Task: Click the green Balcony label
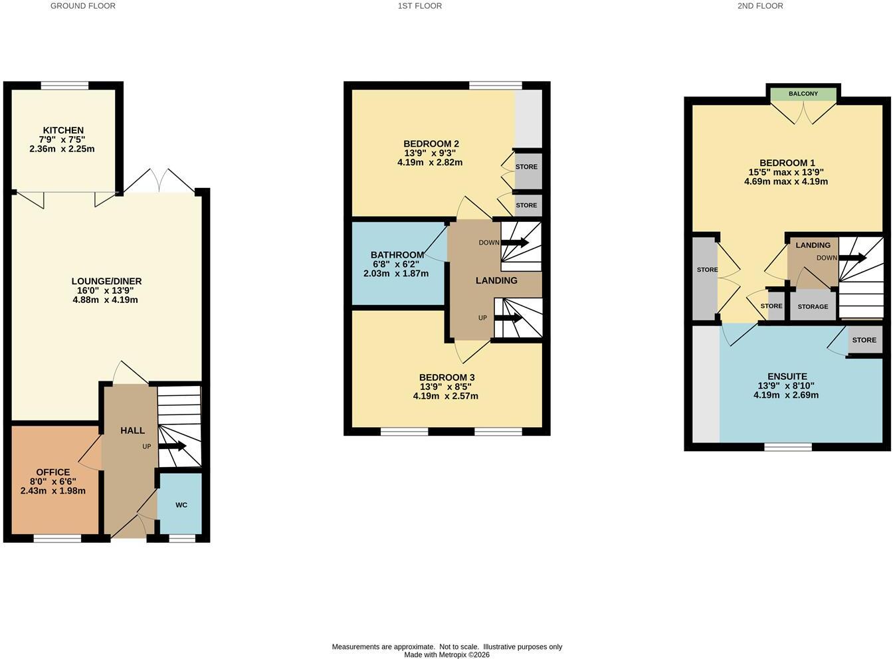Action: pos(803,94)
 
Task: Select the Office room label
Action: pos(52,472)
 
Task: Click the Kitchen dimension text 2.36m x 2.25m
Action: pos(62,149)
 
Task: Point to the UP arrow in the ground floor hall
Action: pos(172,446)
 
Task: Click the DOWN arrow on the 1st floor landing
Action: pos(514,242)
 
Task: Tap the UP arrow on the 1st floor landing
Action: pos(508,318)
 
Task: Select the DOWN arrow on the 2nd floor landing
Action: pos(852,258)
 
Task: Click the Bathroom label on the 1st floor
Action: pos(397,255)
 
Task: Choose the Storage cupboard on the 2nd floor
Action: pos(813,306)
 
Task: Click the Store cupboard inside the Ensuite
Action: pos(865,339)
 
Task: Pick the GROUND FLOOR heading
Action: pos(83,6)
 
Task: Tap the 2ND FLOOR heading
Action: pos(760,6)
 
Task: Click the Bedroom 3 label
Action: pos(447,377)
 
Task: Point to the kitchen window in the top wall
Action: pos(64,85)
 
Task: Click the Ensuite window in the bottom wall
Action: pos(788,447)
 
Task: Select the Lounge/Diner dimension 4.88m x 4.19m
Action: pos(106,300)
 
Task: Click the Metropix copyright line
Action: pos(447,654)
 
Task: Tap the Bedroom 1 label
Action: pos(787,163)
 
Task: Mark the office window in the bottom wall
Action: pos(57,539)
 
